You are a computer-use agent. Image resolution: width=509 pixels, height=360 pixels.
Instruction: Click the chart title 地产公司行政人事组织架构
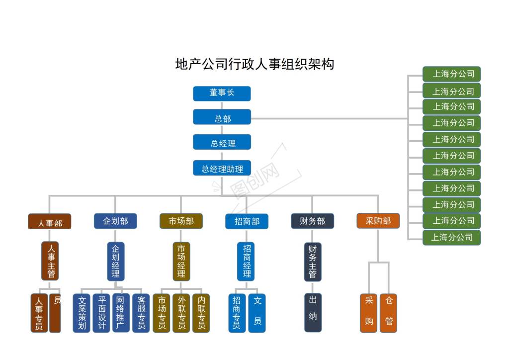pyautogui.click(x=254, y=64)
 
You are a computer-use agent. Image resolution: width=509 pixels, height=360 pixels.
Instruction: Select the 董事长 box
pyautogui.click(x=222, y=93)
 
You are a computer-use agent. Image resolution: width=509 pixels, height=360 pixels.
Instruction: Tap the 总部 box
pyautogui.click(x=222, y=117)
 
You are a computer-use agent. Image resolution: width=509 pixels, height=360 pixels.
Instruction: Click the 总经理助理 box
pyautogui.click(x=222, y=168)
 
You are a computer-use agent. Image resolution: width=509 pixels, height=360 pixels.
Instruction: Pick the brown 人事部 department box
pyautogui.click(x=50, y=221)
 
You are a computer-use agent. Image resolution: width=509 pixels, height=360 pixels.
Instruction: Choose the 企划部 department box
pyautogui.click(x=115, y=221)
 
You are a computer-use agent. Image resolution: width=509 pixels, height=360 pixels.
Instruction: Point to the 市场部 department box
pyautogui.click(x=181, y=221)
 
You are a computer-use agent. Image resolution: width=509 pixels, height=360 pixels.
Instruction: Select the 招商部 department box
pyautogui.click(x=247, y=221)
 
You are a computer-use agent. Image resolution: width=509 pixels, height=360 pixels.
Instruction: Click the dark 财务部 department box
pyautogui.click(x=312, y=221)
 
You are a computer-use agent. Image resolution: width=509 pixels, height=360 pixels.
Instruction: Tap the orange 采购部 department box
pyautogui.click(x=378, y=221)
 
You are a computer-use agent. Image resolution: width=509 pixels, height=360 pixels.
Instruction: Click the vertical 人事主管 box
pyautogui.click(x=50, y=261)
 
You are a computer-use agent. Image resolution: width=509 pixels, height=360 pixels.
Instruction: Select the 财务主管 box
pyautogui.click(x=313, y=262)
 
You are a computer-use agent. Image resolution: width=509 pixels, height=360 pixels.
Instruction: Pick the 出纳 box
pyautogui.click(x=313, y=313)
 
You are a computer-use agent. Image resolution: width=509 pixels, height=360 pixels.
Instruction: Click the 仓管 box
pyautogui.click(x=388, y=313)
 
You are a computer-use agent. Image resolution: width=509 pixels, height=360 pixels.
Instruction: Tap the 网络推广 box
pyautogui.click(x=121, y=313)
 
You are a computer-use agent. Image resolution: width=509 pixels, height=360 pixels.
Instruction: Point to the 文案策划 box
pyautogui.click(x=82, y=313)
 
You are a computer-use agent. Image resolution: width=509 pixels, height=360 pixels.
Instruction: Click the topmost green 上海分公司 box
pyautogui.click(x=451, y=74)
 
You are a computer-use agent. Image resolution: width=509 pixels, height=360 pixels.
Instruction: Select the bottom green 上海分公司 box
pyautogui.click(x=451, y=237)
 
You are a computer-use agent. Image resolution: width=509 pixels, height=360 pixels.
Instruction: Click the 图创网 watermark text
pyautogui.click(x=254, y=180)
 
